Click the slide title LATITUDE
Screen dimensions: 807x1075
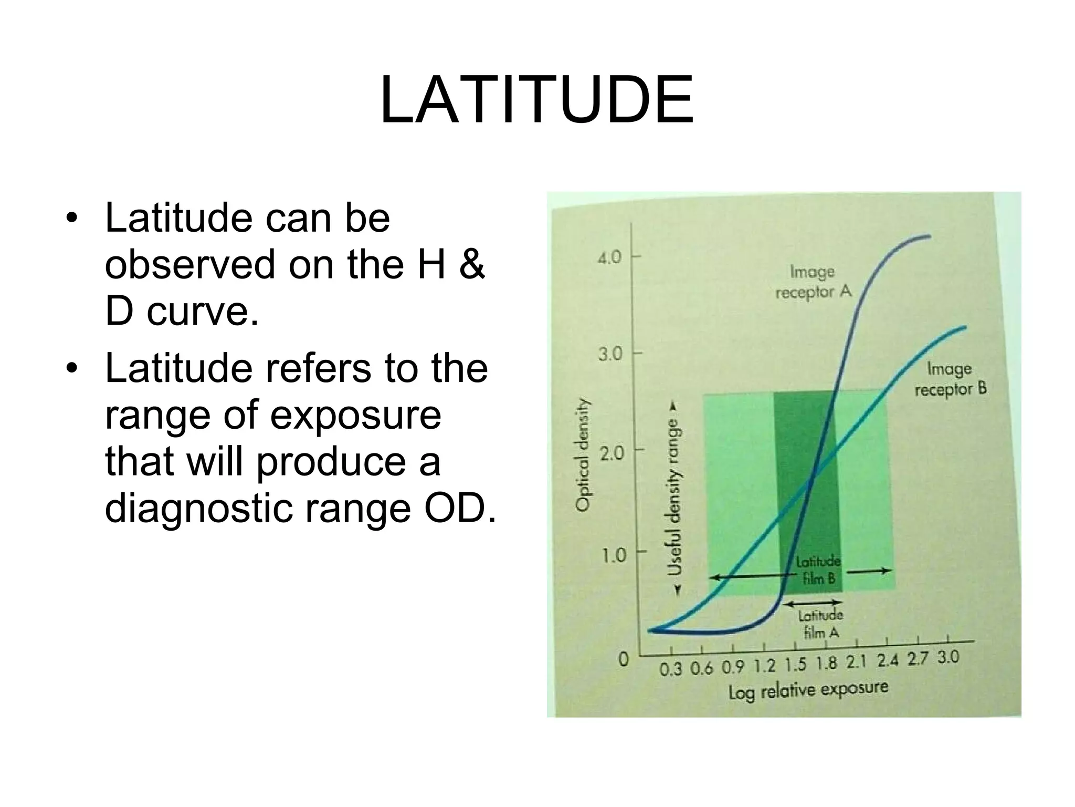(537, 100)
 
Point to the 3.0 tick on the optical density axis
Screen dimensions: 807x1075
(610, 355)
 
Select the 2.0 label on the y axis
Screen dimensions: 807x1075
(610, 453)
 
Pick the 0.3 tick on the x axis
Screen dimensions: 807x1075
(670, 670)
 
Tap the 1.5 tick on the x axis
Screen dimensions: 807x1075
(795, 665)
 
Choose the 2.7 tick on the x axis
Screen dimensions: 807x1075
(918, 659)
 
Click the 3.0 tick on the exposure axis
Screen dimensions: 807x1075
(948, 657)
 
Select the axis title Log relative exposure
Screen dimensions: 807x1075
(808, 690)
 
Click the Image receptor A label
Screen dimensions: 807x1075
(813, 282)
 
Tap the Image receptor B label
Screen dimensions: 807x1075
(950, 379)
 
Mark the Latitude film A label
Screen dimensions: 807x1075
(821, 624)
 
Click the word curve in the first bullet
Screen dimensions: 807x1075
(203, 312)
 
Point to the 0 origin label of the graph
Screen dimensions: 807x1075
(623, 659)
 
